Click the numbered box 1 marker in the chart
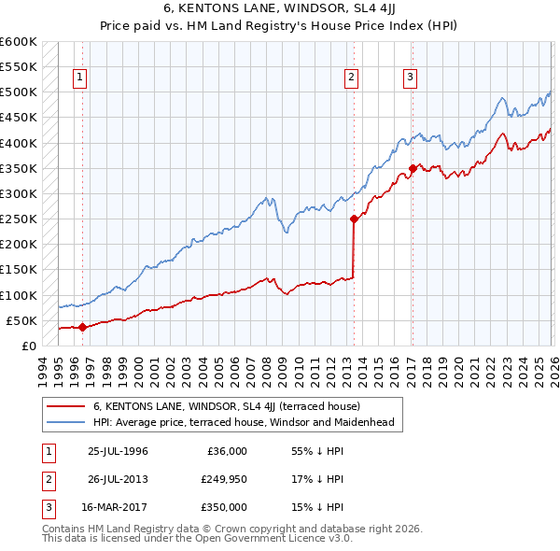(x=81, y=78)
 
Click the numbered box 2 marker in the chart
(x=352, y=78)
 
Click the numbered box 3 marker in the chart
(x=411, y=78)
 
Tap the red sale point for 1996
(x=82, y=327)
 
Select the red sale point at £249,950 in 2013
(x=354, y=219)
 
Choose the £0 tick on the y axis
(x=27, y=346)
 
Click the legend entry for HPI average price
(x=244, y=422)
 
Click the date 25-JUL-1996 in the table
(x=118, y=451)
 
